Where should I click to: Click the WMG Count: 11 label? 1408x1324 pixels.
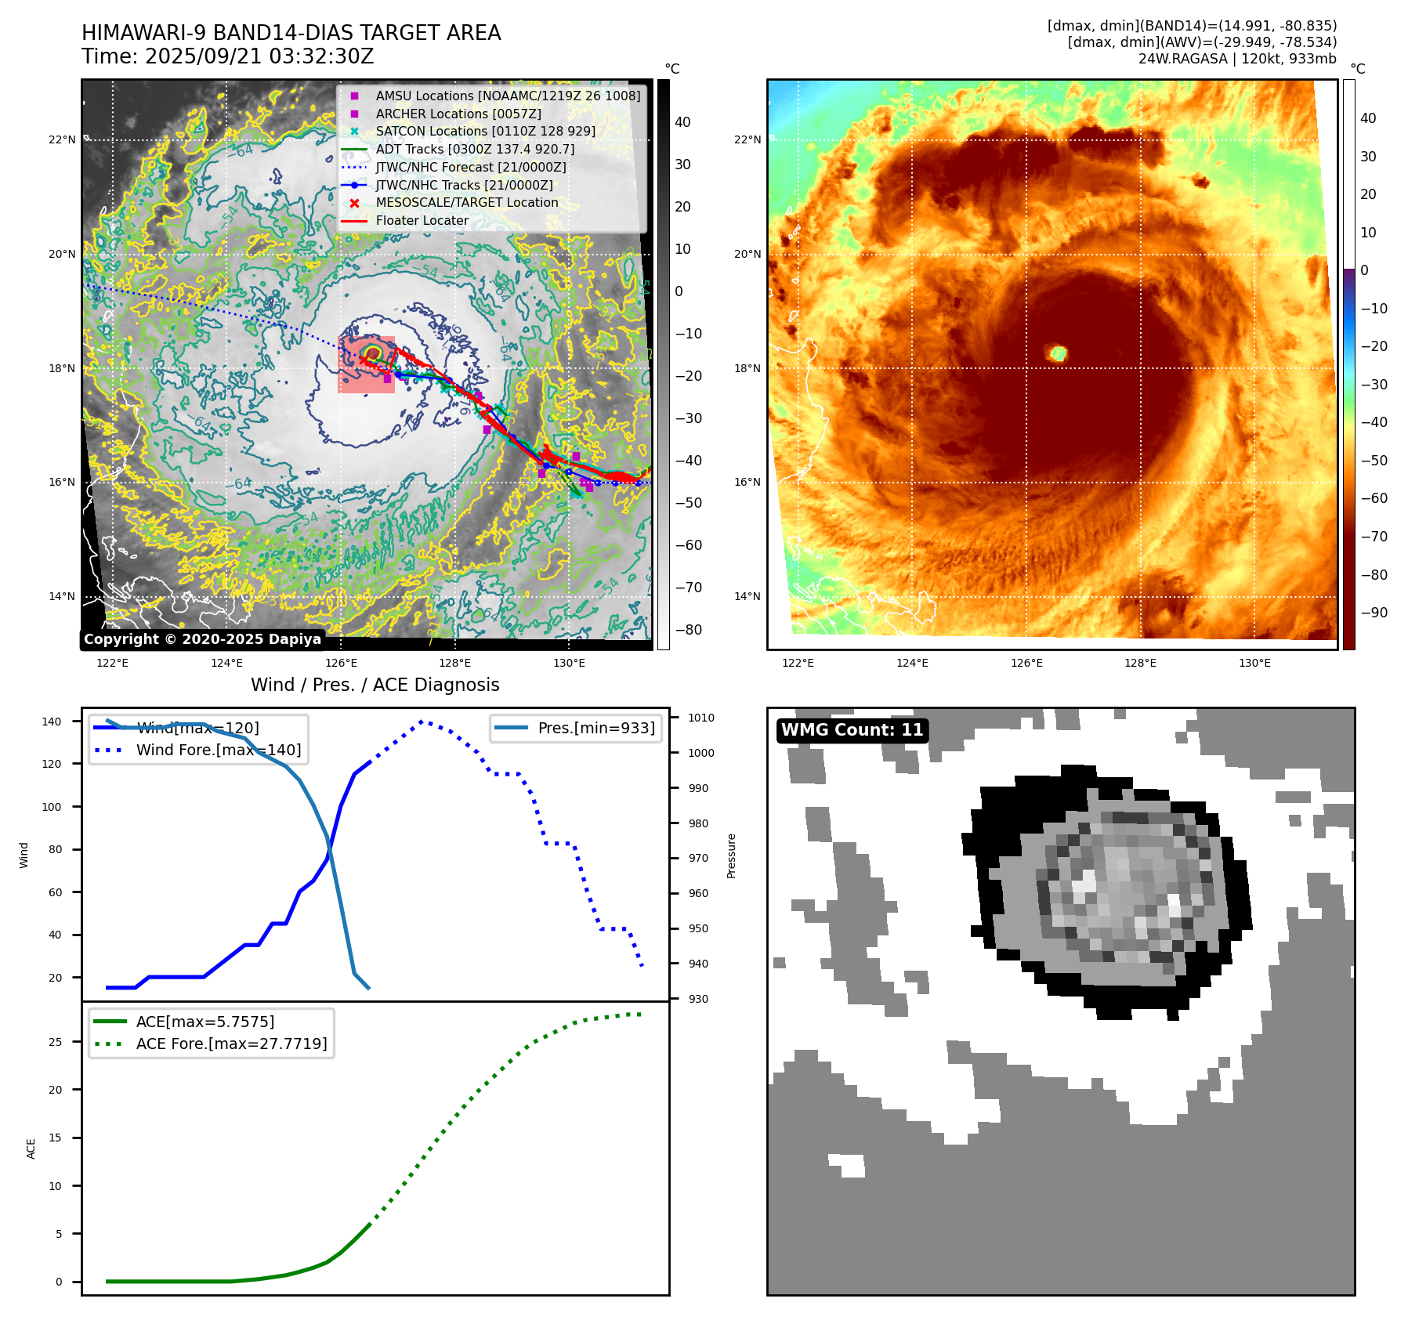(852, 730)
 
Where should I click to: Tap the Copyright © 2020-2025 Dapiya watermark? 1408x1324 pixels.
(202, 639)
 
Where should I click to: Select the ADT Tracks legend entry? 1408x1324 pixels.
(475, 149)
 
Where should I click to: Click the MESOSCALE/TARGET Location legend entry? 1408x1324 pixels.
(467, 203)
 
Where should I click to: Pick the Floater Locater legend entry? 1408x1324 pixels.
(422, 221)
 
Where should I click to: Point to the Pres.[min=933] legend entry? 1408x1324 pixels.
(595, 728)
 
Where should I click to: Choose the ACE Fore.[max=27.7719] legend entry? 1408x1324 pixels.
(231, 1044)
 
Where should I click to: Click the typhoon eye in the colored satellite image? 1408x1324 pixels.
(1058, 353)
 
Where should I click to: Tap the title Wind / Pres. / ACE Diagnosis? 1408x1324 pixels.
(375, 685)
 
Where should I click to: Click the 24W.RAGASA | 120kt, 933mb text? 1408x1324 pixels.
(1237, 59)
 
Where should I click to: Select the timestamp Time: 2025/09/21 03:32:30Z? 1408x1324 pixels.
(227, 56)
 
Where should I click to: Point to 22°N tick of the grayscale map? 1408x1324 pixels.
(63, 140)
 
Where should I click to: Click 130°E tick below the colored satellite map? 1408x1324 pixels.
(1254, 664)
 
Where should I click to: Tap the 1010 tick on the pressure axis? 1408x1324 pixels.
(701, 718)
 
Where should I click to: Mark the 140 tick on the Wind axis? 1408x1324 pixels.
(52, 722)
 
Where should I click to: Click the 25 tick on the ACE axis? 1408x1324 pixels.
(55, 1042)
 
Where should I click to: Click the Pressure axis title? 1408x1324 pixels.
(731, 856)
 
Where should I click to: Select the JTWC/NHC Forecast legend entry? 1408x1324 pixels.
(470, 167)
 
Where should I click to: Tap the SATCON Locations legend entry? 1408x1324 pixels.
(485, 131)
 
